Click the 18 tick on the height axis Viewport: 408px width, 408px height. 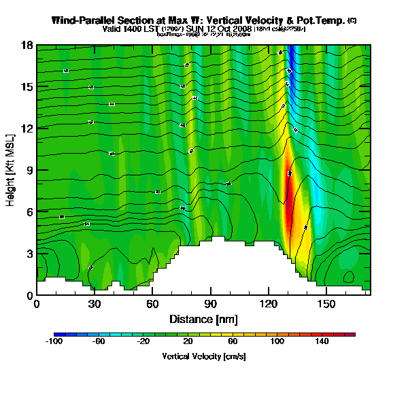[x=26, y=45]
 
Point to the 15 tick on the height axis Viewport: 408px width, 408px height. [x=26, y=86]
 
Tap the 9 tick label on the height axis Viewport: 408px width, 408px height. [x=29, y=170]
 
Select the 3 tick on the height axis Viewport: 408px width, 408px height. [x=29, y=254]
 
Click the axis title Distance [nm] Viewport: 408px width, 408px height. [x=203, y=319]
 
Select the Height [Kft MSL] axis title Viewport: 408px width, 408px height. [x=11, y=170]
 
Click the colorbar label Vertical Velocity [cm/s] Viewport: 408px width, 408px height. [x=203, y=356]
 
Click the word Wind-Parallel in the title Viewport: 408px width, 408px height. [x=84, y=20]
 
